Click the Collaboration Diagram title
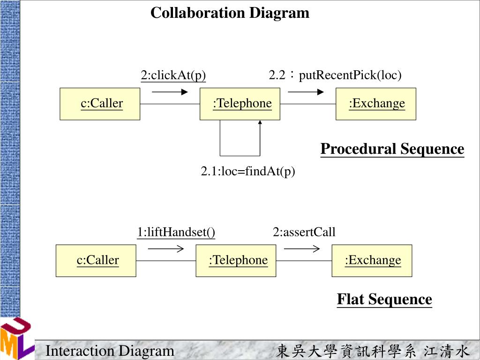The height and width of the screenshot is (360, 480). (230, 13)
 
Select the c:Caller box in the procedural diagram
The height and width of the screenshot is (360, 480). (100, 104)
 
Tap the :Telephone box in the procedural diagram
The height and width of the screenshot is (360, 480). (240, 104)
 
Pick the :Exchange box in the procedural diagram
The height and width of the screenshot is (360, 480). (376, 104)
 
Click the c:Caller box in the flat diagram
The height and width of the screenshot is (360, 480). (96, 260)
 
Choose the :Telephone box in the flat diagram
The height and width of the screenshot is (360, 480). (236, 260)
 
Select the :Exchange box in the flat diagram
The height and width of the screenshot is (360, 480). (372, 260)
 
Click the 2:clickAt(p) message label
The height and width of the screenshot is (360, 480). (173, 75)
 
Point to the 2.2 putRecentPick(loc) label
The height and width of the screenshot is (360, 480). (335, 75)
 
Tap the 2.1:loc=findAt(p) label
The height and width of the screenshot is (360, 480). (248, 172)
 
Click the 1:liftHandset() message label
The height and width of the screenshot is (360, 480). (176, 232)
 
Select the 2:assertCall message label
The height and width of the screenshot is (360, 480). (304, 232)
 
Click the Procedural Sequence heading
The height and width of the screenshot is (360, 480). (392, 149)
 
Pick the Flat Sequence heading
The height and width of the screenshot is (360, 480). (384, 299)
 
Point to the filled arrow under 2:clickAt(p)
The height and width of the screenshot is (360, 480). (170, 92)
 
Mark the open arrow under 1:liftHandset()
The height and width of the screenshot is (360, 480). (165, 249)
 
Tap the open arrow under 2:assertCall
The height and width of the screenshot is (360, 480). (302, 249)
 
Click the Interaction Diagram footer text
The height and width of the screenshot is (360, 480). (110, 351)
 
